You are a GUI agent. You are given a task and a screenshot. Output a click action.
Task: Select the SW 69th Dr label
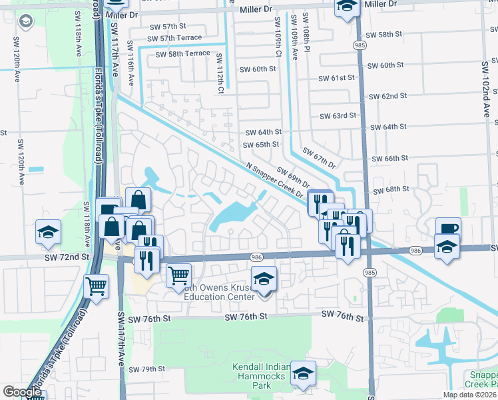294,177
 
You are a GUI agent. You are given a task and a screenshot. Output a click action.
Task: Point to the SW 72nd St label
67,257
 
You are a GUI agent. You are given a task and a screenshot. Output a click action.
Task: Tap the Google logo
22,392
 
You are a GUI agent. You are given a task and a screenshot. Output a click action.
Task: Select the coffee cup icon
448,227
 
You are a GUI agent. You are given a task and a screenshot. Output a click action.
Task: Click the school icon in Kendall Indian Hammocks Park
304,374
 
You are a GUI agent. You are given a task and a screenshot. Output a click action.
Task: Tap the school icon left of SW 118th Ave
48,232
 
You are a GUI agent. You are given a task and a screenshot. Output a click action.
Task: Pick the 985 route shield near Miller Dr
360,45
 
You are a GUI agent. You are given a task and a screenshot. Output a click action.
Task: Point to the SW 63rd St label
338,116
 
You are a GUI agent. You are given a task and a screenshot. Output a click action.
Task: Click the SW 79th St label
146,369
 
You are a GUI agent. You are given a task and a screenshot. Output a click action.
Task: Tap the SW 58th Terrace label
178,53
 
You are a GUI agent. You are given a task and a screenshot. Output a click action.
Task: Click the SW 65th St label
261,145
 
